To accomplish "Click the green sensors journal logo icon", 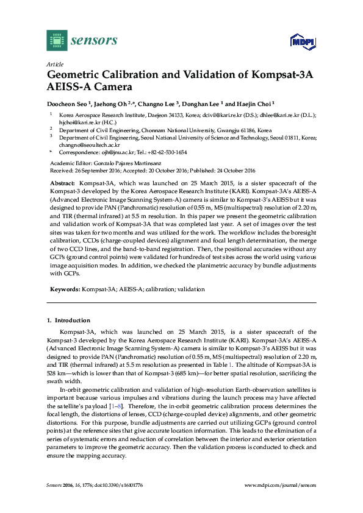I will point(57,41).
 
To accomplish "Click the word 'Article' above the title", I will point(54,64).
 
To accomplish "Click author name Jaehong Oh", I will point(115,104).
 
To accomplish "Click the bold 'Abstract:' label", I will point(62,183).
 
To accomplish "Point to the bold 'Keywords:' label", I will point(64,289).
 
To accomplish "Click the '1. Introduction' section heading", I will point(68,320).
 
